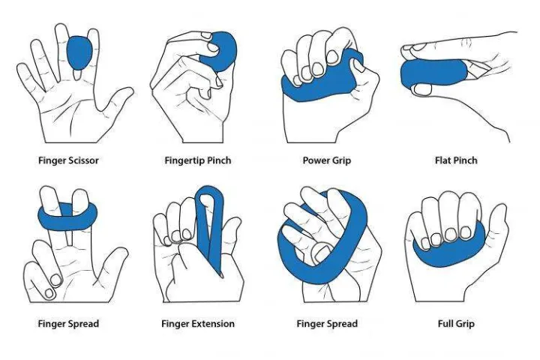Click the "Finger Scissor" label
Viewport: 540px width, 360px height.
coord(68,160)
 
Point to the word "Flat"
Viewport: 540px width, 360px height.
coord(444,160)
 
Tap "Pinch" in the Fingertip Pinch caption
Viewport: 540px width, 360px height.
coord(218,160)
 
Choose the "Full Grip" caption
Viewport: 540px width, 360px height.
coord(456,324)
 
